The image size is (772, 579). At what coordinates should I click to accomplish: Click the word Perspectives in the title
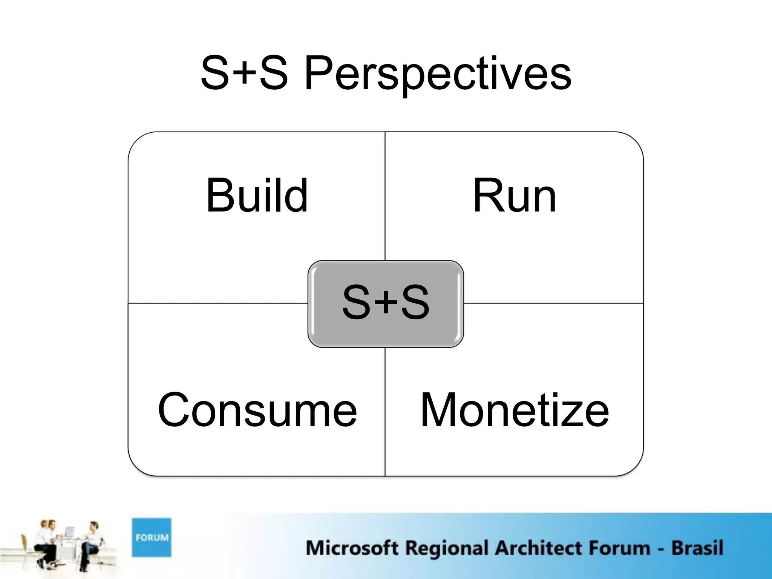437,74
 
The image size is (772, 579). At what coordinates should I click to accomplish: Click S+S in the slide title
244,74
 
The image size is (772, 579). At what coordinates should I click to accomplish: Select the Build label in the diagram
257,195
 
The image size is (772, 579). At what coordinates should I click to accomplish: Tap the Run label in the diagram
514,195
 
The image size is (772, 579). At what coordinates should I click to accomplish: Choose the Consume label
257,410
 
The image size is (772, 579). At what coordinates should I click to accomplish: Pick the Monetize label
514,410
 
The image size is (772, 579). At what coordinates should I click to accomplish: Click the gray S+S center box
386,303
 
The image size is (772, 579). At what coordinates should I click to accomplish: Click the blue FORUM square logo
152,537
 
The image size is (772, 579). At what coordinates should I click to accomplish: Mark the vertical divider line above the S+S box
385,196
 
